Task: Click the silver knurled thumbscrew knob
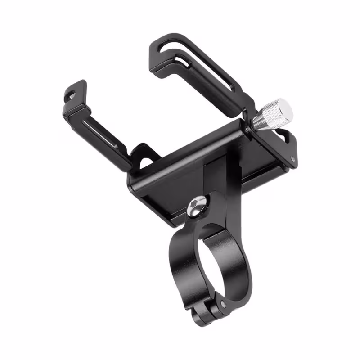(275, 113)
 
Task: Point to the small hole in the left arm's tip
(71, 94)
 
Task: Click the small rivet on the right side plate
(293, 158)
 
